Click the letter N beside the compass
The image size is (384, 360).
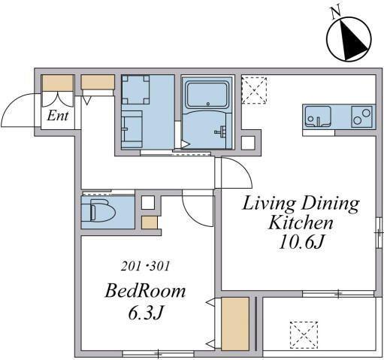point(335,13)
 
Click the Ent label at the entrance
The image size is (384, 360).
point(58,116)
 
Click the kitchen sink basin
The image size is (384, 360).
point(318,116)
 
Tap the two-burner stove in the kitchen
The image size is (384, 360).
point(361,116)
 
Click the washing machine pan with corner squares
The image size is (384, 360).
point(135,89)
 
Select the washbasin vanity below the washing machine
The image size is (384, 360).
point(132,129)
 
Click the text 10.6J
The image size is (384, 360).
point(301,242)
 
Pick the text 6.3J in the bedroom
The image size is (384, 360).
point(146,312)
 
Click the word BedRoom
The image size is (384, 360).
point(145,291)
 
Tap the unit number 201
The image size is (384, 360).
point(131,266)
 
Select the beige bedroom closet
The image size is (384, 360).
point(235,324)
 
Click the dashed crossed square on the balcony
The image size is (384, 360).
point(304,335)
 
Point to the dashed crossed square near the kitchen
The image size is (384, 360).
point(254,90)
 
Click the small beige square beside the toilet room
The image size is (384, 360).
point(150,222)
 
